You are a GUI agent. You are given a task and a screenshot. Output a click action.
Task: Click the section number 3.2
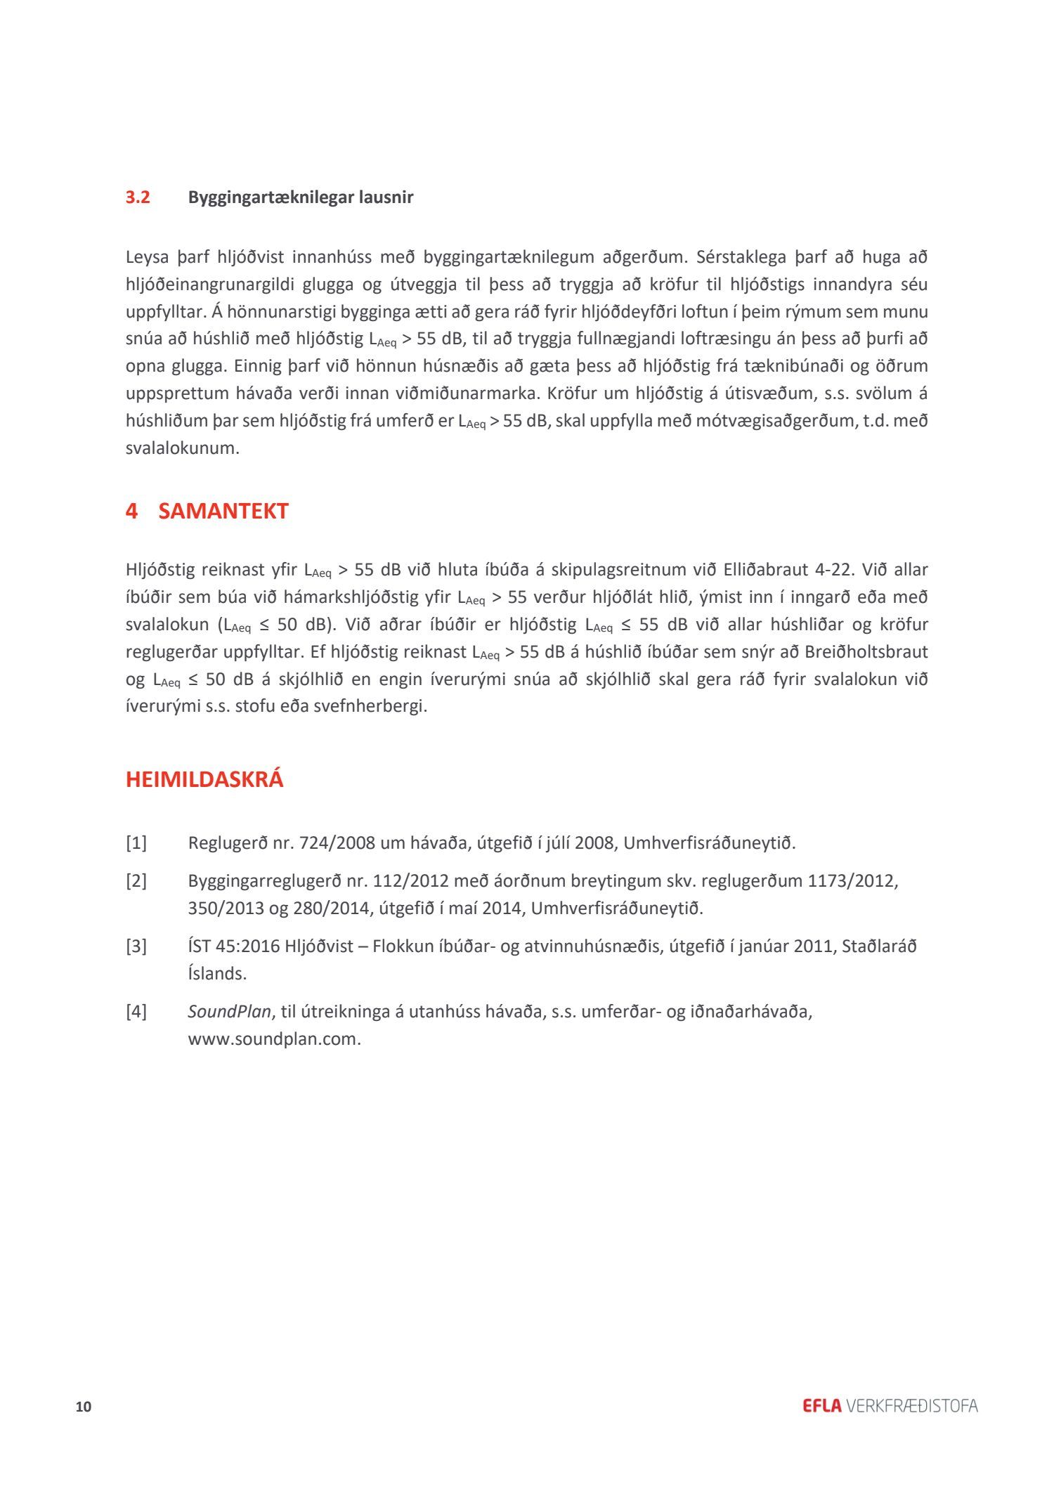pyautogui.click(x=138, y=197)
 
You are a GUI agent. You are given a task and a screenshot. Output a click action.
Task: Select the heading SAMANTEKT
pyautogui.click(x=223, y=511)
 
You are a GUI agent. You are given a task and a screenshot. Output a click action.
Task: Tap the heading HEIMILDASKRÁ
pyautogui.click(x=204, y=780)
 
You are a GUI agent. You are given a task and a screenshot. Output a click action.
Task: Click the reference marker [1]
pyautogui.click(x=136, y=842)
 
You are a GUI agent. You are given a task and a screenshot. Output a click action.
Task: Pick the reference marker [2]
pyautogui.click(x=136, y=880)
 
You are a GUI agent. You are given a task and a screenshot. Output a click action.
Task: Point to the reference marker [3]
pyautogui.click(x=136, y=946)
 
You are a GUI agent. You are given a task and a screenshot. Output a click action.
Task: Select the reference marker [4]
pyautogui.click(x=136, y=1011)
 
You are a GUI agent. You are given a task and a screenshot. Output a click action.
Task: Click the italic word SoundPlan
pyautogui.click(x=229, y=1011)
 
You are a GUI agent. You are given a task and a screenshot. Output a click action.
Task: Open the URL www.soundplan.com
pyautogui.click(x=274, y=1039)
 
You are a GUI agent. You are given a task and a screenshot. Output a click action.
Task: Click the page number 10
pyautogui.click(x=84, y=1407)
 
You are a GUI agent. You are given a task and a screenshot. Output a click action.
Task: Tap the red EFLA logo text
pyautogui.click(x=821, y=1406)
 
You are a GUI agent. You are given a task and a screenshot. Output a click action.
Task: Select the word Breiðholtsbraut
pyautogui.click(x=866, y=652)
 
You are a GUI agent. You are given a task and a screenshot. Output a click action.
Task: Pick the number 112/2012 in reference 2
pyautogui.click(x=410, y=880)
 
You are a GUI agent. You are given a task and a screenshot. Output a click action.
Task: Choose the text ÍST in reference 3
pyautogui.click(x=199, y=946)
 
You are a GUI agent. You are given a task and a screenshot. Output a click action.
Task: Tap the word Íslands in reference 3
pyautogui.click(x=216, y=974)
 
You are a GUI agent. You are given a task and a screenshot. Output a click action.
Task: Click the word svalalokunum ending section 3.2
pyautogui.click(x=182, y=448)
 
